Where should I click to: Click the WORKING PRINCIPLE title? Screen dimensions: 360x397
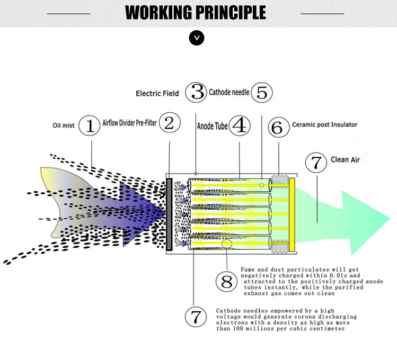[x=196, y=12]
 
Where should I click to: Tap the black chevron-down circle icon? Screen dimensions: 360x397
[x=197, y=38]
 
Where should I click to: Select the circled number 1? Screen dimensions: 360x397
[x=90, y=125]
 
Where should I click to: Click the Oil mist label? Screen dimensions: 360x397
[x=64, y=125]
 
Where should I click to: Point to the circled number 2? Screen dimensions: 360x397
[x=169, y=123]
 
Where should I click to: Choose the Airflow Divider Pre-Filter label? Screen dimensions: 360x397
[x=129, y=122]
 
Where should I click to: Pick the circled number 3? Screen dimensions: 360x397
[x=198, y=93]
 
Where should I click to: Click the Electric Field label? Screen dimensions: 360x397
[x=157, y=94]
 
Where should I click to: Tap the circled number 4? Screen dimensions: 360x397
[x=240, y=125]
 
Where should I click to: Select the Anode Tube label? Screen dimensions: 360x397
[x=213, y=127]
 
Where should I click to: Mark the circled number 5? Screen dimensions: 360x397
[x=261, y=93]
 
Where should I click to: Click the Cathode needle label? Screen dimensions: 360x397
[x=229, y=92]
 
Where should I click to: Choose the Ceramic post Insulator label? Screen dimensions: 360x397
[x=324, y=125]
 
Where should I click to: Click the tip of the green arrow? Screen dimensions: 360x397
[x=390, y=215]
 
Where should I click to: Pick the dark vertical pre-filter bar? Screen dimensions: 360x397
[x=169, y=214]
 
